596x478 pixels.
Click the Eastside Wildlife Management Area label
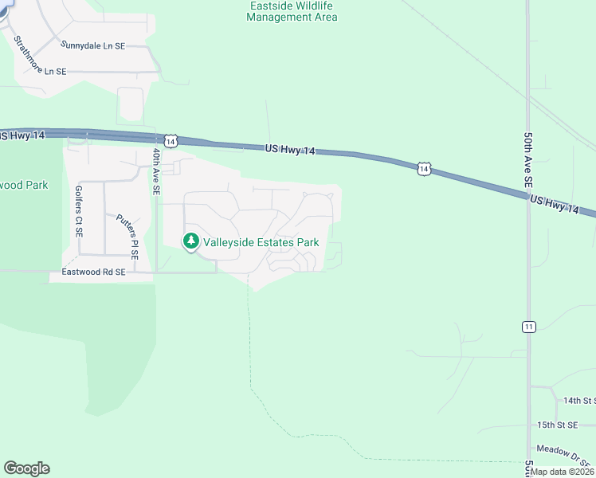pos(292,11)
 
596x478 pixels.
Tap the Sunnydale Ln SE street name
pos(93,46)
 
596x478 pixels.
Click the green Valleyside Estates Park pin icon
pos(191,241)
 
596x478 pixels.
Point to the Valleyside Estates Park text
pos(261,242)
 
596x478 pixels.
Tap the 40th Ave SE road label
pos(156,172)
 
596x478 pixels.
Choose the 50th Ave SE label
pos(527,160)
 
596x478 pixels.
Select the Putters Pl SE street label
pos(127,237)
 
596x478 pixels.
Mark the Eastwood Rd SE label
pos(88,272)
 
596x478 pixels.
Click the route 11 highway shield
pos(528,327)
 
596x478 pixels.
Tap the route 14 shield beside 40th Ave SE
pos(171,140)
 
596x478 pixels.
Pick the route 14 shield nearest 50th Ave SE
pos(424,168)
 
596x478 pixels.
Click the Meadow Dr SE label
pos(564,454)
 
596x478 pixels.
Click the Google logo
pos(26,468)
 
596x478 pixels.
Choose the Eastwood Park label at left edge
pos(24,186)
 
